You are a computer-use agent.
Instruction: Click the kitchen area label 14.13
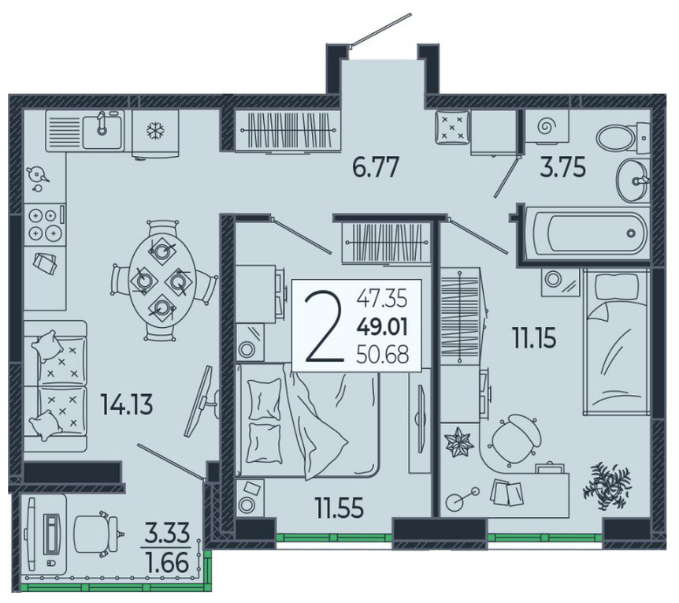[x=127, y=404]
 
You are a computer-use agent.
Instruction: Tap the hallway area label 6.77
[x=375, y=168]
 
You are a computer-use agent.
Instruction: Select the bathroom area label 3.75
[x=562, y=168]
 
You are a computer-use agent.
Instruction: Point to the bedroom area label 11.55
[x=339, y=508]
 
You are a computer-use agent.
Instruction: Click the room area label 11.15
[x=534, y=338]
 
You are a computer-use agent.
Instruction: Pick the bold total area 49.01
[x=382, y=327]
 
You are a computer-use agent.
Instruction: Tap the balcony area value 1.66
[x=167, y=562]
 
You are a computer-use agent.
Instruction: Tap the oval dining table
[x=162, y=281]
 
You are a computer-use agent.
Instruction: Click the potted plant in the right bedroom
[x=607, y=485]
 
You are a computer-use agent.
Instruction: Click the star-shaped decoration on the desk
[x=458, y=442]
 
